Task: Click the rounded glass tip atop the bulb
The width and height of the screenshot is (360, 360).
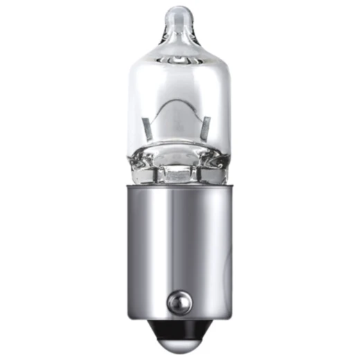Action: point(180,15)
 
